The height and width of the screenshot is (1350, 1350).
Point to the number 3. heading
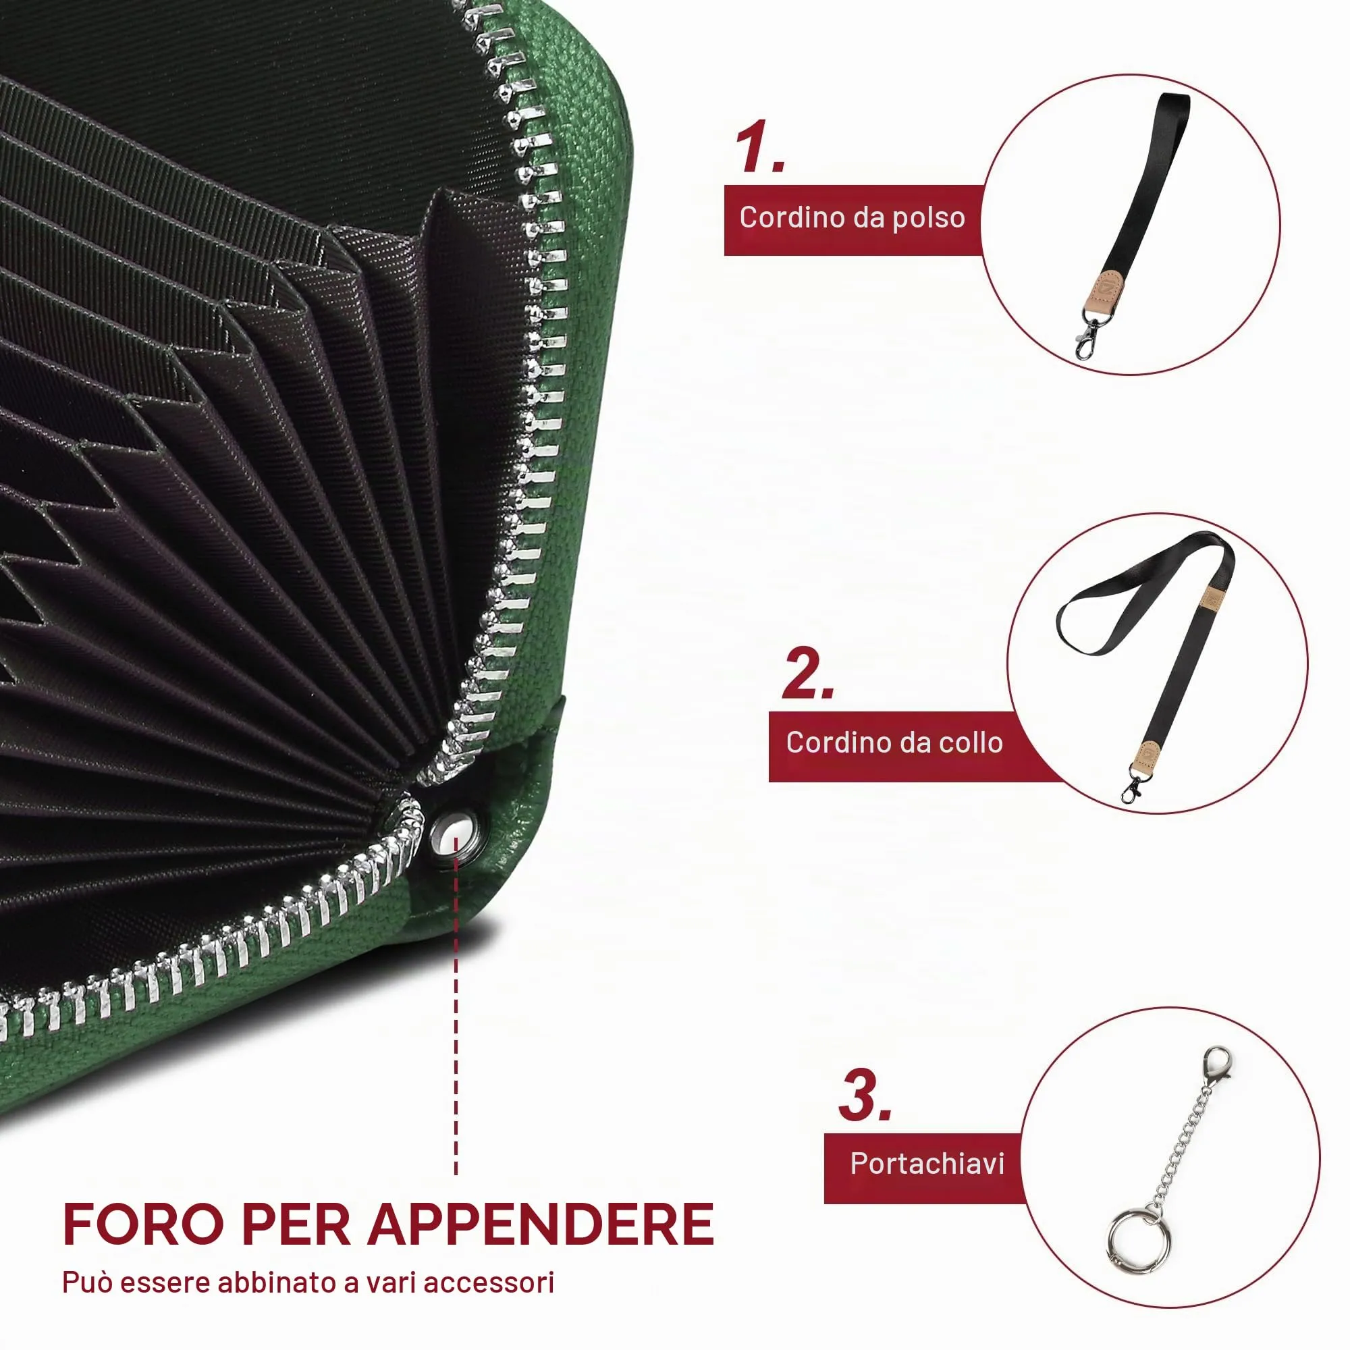click(x=865, y=1095)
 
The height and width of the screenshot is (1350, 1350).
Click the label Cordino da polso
click(x=853, y=217)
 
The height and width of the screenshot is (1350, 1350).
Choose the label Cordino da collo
click(x=894, y=742)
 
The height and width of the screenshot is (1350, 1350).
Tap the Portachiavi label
click(x=927, y=1164)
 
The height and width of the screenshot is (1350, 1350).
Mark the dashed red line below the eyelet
click(x=456, y=1006)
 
